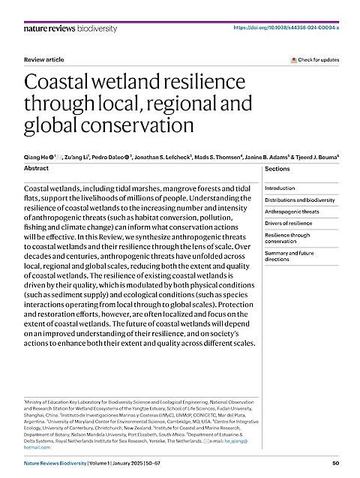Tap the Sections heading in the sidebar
(277, 170)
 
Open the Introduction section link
(280, 188)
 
